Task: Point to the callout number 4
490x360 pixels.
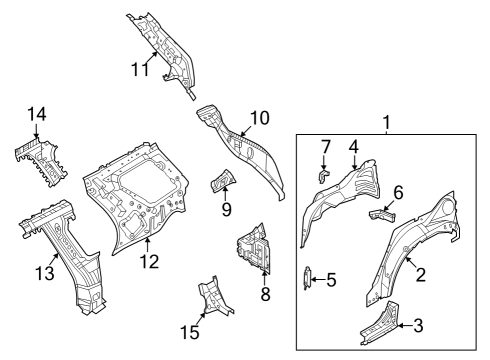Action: [x=354, y=147]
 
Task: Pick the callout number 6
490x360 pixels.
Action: [x=397, y=191]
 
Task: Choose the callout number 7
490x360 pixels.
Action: [x=325, y=147]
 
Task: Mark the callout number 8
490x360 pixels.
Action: [x=264, y=294]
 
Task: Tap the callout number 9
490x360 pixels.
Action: [x=226, y=210]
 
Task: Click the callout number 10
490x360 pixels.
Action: [x=259, y=118]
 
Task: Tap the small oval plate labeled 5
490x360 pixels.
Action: [x=308, y=278]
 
